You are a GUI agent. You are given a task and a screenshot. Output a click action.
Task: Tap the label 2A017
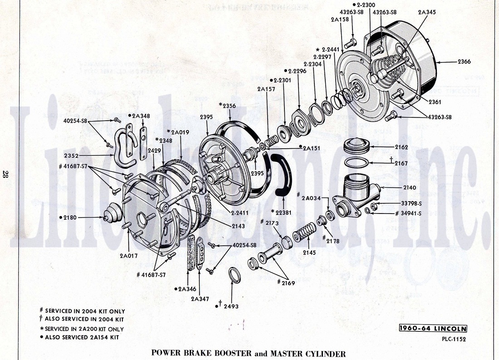click(x=128, y=256)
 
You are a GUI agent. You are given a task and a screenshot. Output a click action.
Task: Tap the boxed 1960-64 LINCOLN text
click(x=432, y=328)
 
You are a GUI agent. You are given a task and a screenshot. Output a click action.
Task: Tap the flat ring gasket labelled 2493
click(x=234, y=275)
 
